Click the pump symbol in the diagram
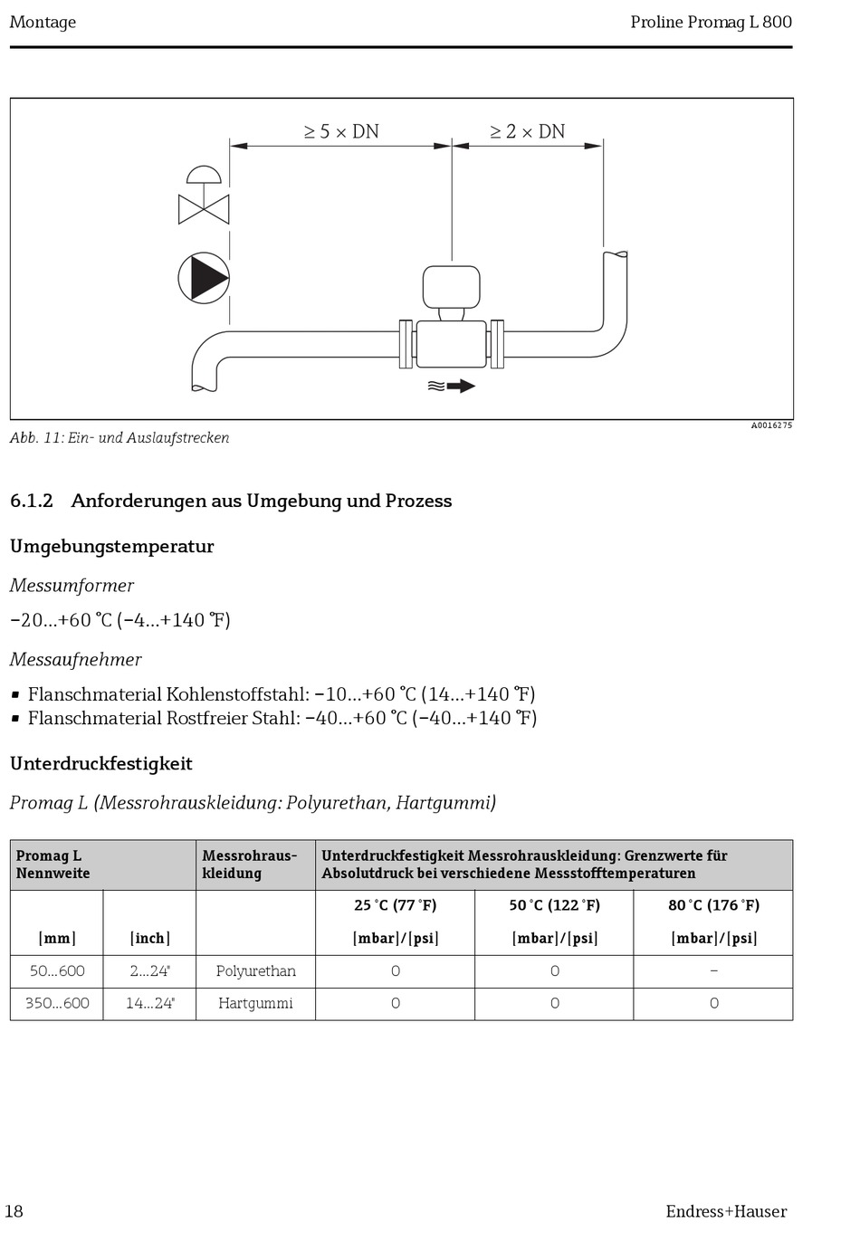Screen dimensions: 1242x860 click(x=204, y=278)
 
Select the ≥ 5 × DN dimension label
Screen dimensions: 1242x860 click(x=341, y=132)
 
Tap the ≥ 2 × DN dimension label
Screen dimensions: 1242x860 click(x=527, y=132)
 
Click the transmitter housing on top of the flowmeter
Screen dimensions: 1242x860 click(x=451, y=287)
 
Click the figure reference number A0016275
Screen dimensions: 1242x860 click(x=770, y=425)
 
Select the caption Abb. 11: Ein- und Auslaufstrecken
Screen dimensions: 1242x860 click(x=119, y=438)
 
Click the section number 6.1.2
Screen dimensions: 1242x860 click(x=32, y=501)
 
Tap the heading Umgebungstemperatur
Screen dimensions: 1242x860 click(x=112, y=547)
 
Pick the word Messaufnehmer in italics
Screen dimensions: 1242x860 click(x=76, y=660)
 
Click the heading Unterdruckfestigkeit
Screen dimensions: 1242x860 click(x=101, y=764)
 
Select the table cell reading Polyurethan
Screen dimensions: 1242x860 click(x=255, y=971)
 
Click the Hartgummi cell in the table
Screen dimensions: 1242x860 click(x=255, y=1004)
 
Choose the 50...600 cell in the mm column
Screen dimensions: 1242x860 click(x=57, y=971)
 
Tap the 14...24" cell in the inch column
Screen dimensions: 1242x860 click(x=149, y=1004)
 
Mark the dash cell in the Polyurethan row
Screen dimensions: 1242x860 click(x=713, y=971)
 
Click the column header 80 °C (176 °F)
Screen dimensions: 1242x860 click(x=713, y=905)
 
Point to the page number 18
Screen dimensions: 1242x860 click(x=14, y=1212)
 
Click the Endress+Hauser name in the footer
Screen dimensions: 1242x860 click(x=726, y=1212)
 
